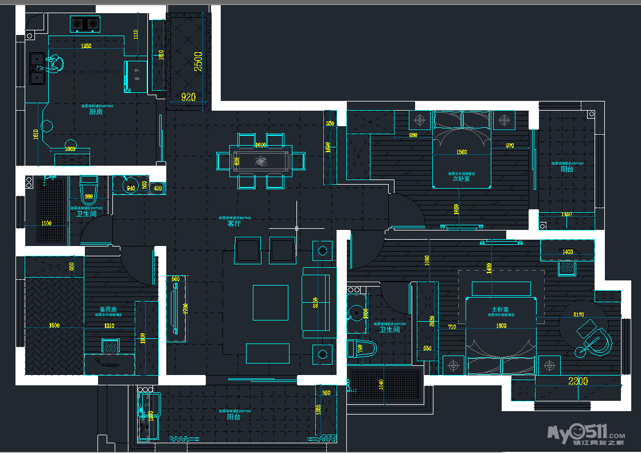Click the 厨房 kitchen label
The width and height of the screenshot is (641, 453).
(x=96, y=112)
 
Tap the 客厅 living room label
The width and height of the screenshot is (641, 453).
(x=234, y=224)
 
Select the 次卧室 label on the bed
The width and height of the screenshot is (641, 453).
(x=461, y=178)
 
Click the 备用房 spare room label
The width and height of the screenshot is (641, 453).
(x=108, y=310)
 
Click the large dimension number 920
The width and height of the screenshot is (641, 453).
(x=189, y=97)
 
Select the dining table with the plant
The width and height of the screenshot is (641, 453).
(x=261, y=161)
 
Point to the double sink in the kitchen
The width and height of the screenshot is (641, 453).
(x=37, y=68)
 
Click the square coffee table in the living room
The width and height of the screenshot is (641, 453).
(x=271, y=302)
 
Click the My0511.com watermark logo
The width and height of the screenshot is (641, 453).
(x=585, y=434)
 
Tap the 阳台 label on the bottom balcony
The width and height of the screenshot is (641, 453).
(x=233, y=417)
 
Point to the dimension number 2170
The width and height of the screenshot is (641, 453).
(x=578, y=314)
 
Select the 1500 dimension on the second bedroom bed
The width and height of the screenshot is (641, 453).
(x=461, y=153)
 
